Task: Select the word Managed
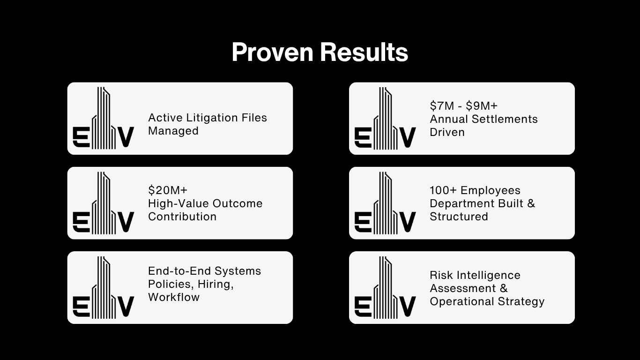click(173, 131)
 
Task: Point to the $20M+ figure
click(168, 190)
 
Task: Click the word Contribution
click(182, 217)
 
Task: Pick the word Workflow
click(173, 297)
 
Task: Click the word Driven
click(447, 132)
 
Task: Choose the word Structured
click(459, 217)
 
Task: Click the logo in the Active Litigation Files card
click(104, 118)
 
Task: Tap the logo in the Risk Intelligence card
click(385, 287)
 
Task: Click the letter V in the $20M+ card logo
click(125, 222)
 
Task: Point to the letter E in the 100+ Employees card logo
click(362, 222)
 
